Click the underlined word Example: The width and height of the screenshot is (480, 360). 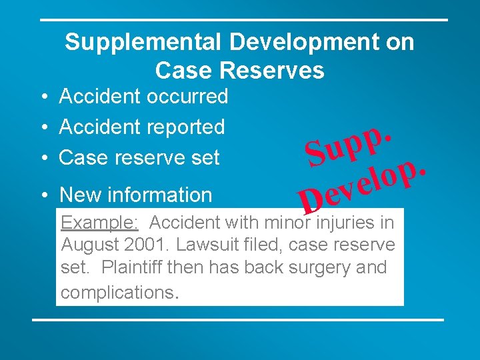tap(99, 223)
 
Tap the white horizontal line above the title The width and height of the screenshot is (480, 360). tap(243, 20)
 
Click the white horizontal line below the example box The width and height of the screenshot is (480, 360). tap(238, 320)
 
